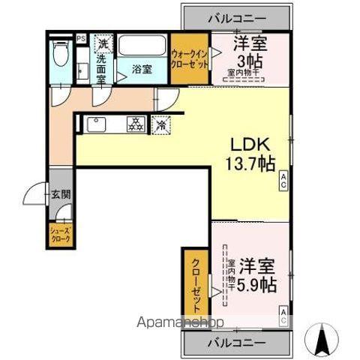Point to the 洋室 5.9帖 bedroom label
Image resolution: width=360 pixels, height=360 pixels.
(256, 275)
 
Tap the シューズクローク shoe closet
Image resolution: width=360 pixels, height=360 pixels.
(59, 233)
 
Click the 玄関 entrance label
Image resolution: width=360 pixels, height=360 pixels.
(61, 193)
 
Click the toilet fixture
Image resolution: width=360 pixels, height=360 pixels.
(61, 55)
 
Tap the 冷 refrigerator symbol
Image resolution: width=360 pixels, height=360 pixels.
(160, 124)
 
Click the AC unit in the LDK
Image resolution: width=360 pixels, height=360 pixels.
(283, 179)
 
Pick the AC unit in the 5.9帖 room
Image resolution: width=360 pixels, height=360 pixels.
(283, 316)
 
